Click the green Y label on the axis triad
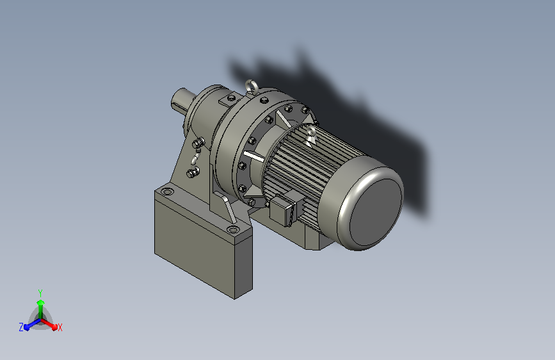(40, 293)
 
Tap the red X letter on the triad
(60, 328)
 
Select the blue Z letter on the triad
(21, 327)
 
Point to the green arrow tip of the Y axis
(40, 302)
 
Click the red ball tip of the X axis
(54, 327)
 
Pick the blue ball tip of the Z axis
(27, 327)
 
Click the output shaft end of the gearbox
(181, 99)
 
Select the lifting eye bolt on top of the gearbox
(250, 87)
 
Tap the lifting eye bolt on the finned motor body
(310, 135)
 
